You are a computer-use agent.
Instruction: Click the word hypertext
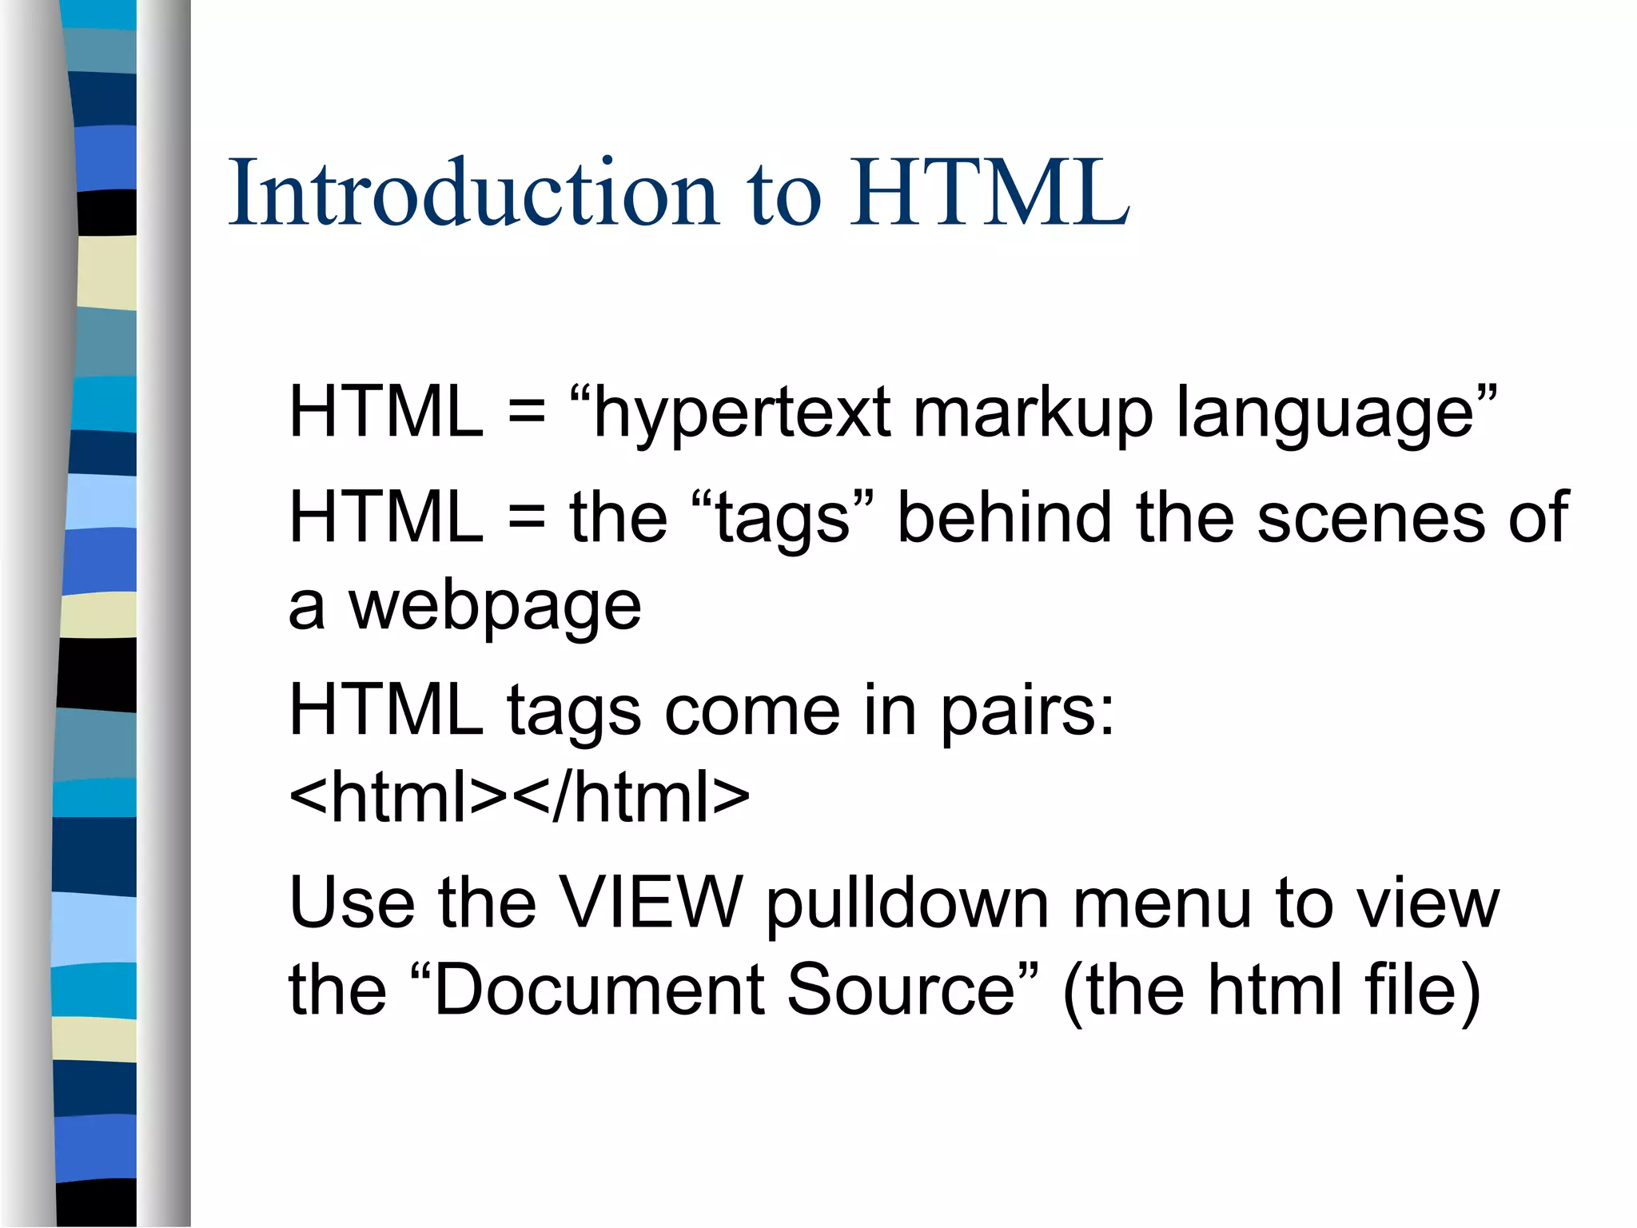tap(742, 414)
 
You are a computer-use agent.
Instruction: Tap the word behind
tap(1004, 517)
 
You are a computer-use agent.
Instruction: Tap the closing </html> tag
tap(631, 797)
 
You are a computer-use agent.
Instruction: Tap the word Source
tap(900, 991)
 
